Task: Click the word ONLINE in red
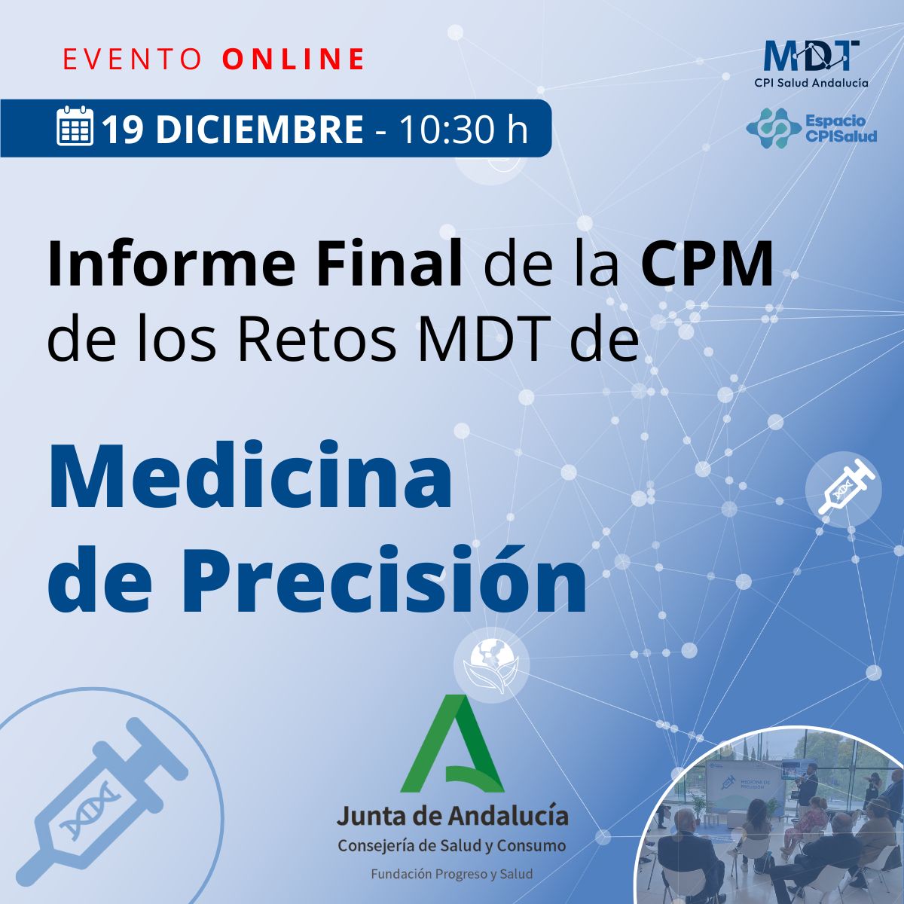pyautogui.click(x=295, y=59)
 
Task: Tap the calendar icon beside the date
pyautogui.click(x=75, y=127)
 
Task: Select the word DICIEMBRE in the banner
pyautogui.click(x=260, y=130)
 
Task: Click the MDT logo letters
pyautogui.click(x=811, y=54)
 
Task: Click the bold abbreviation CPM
pyautogui.click(x=707, y=265)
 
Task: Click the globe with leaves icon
pyautogui.click(x=491, y=664)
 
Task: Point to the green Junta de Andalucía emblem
pyautogui.click(x=452, y=746)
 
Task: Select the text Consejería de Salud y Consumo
pyautogui.click(x=451, y=846)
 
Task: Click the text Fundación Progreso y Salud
pyautogui.click(x=451, y=875)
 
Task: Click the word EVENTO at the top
pyautogui.click(x=132, y=59)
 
